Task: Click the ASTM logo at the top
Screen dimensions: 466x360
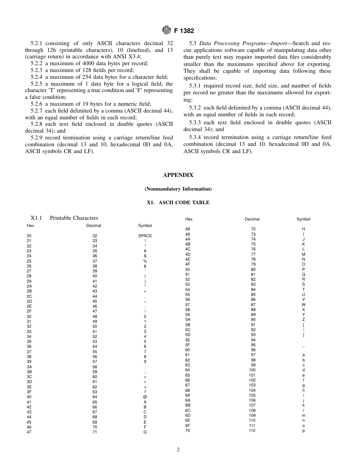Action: (166, 30)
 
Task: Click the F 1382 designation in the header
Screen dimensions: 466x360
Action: (185, 31)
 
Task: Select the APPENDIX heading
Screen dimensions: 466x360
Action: (178, 175)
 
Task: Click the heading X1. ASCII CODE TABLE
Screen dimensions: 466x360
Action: (178, 203)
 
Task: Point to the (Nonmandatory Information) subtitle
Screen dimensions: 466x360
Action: (178, 189)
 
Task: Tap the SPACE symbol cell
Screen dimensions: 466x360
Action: (145, 236)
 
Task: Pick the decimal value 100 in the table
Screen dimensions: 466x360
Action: (252, 370)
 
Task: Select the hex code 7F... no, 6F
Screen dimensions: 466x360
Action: (188, 425)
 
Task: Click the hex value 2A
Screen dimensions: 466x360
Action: (29, 286)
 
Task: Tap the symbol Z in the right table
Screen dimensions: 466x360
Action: (304, 320)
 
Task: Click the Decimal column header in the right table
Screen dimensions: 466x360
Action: (252, 219)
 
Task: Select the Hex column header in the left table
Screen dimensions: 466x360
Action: (30, 225)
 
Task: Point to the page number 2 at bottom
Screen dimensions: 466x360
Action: (178, 450)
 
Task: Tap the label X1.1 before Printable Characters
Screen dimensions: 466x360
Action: (36, 218)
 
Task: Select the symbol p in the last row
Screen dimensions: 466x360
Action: (304, 430)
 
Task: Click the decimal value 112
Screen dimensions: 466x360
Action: (252, 430)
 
